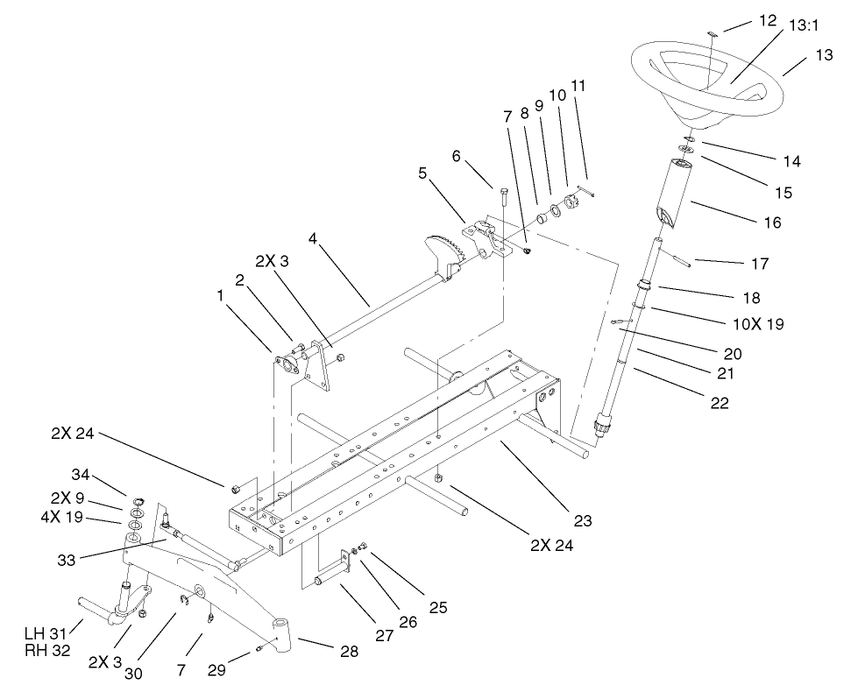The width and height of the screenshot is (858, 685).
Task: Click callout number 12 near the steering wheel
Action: tap(768, 20)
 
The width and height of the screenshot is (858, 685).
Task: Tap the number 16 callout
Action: tap(772, 222)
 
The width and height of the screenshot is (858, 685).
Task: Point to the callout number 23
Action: tap(583, 521)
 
